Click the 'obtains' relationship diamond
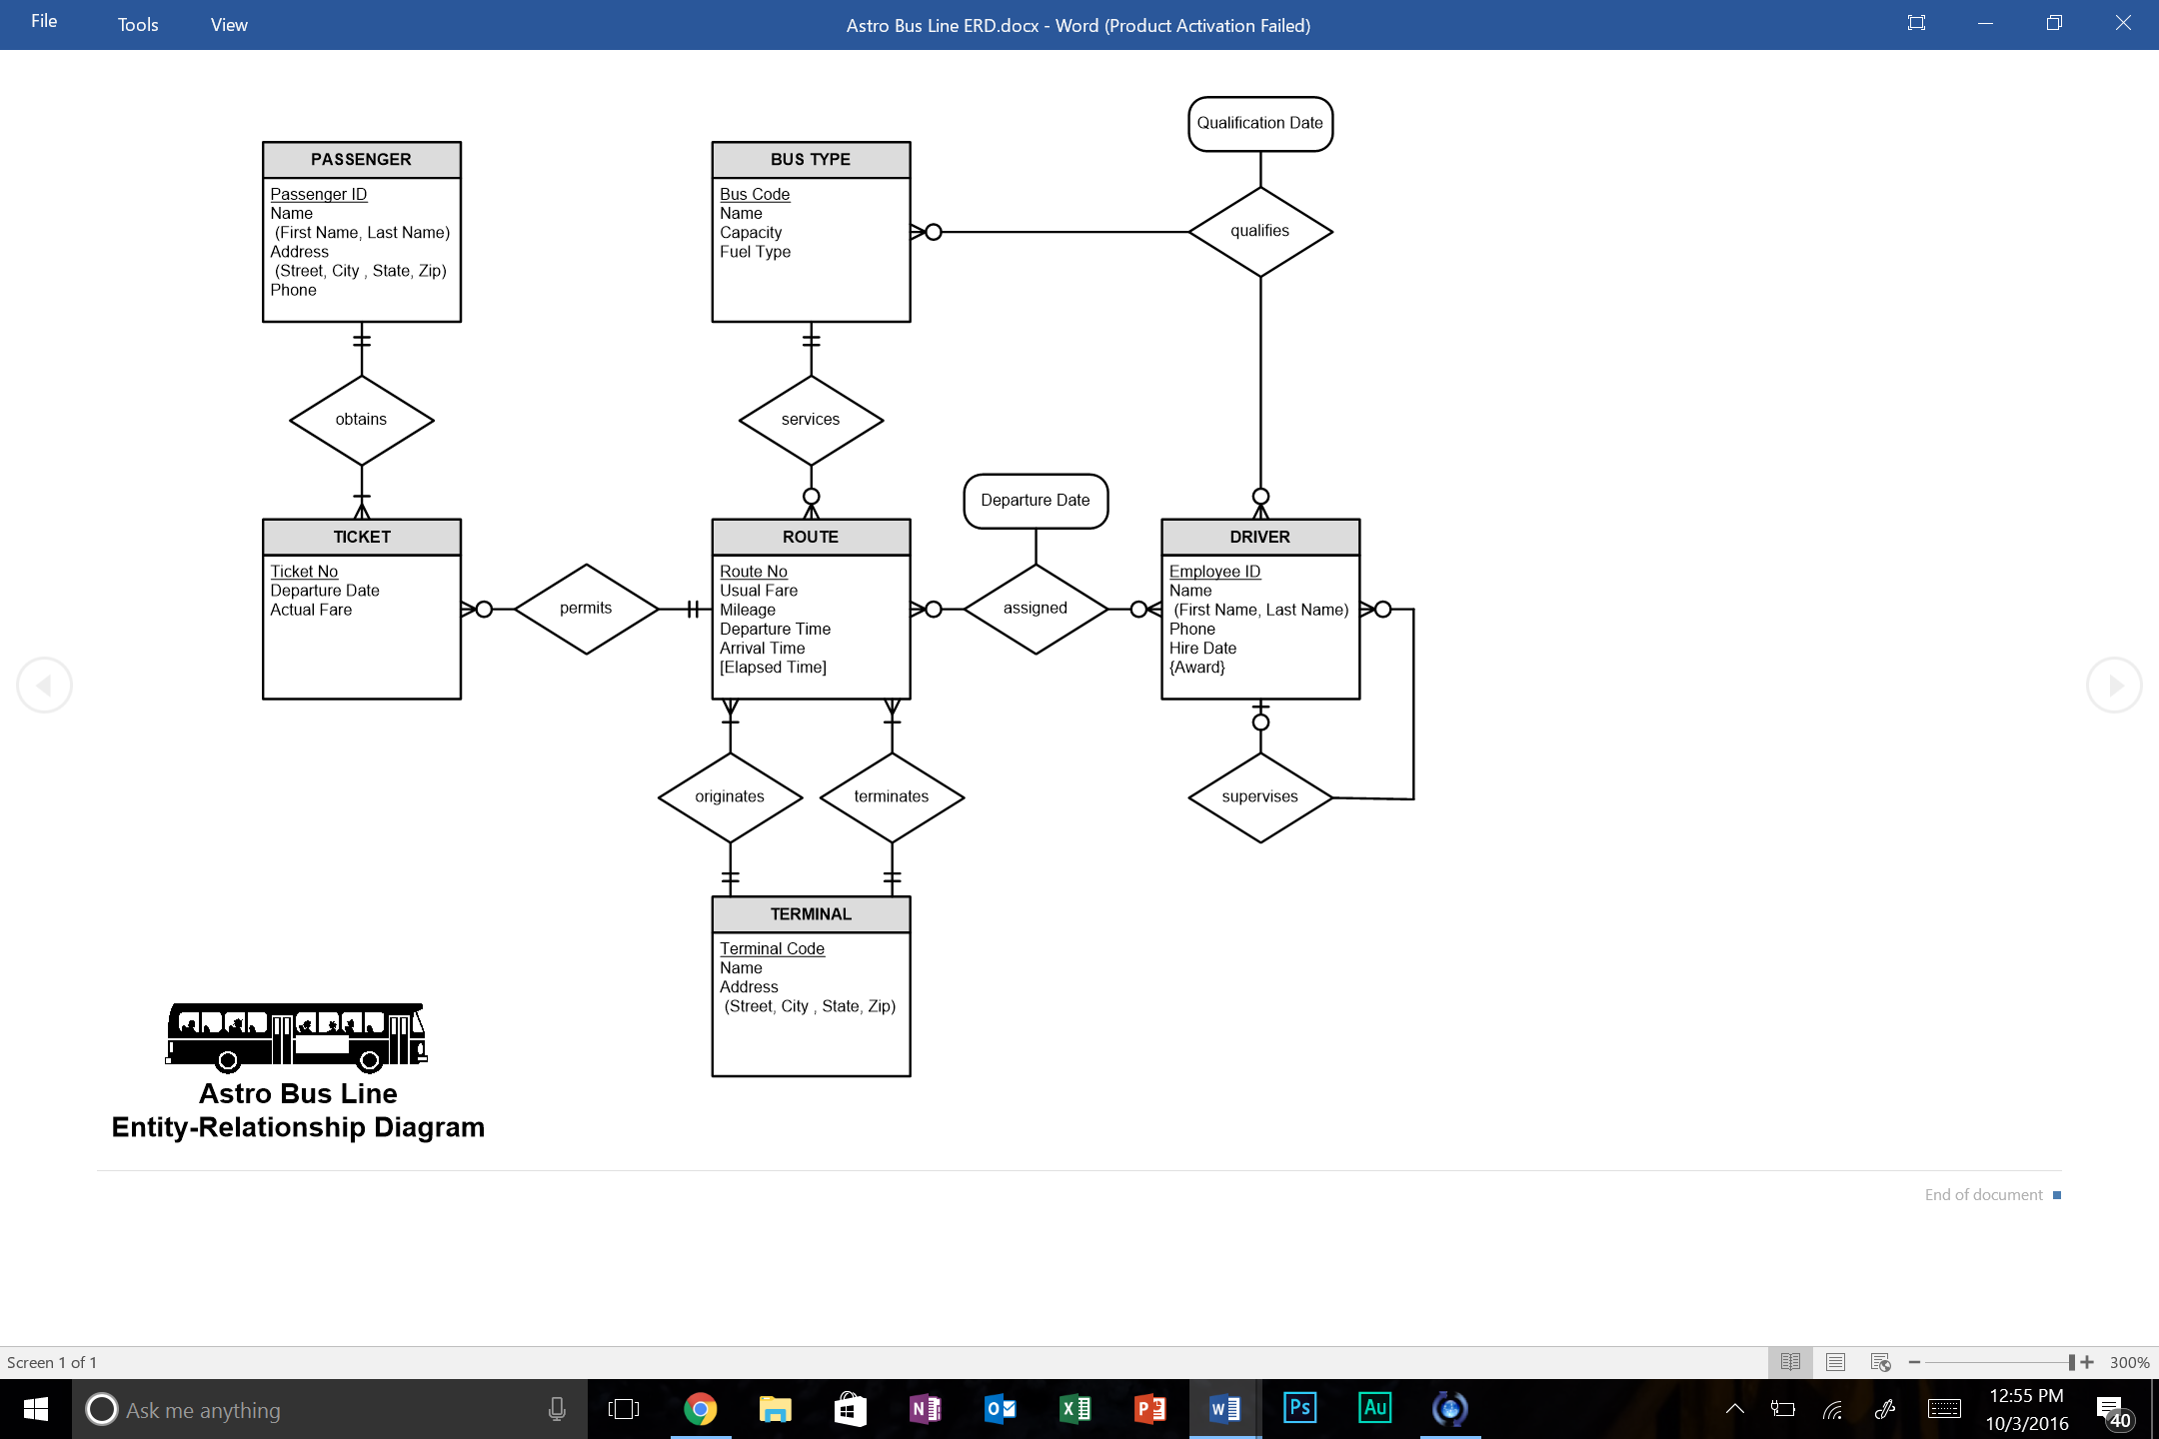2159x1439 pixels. (x=361, y=420)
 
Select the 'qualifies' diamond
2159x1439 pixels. (x=1259, y=231)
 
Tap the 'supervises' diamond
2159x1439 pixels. (x=1259, y=796)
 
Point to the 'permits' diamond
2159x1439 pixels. (x=586, y=608)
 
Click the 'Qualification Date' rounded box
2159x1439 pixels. (x=1259, y=123)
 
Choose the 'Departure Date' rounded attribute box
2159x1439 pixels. (x=1035, y=500)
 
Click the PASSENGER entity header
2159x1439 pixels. (x=361, y=160)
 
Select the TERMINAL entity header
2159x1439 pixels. (x=811, y=914)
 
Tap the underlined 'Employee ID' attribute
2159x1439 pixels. (x=1214, y=572)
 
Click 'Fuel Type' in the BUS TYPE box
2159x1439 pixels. (x=755, y=252)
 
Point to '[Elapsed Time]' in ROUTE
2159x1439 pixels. (x=773, y=668)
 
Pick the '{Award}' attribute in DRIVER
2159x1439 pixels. (x=1196, y=668)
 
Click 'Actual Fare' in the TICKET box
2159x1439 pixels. (x=311, y=610)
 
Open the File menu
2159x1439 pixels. (x=44, y=22)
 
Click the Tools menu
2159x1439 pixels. (x=138, y=25)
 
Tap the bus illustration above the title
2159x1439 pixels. (x=297, y=1036)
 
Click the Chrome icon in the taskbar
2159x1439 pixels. (x=700, y=1409)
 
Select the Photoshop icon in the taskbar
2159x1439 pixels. (x=1299, y=1409)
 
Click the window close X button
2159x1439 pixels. (x=2123, y=23)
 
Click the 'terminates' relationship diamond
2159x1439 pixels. (x=891, y=796)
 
